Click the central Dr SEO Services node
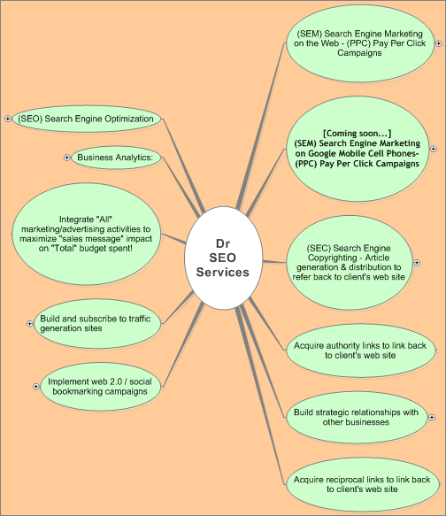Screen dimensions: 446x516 point(223,258)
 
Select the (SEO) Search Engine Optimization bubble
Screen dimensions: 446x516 point(87,119)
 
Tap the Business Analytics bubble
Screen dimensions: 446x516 point(116,158)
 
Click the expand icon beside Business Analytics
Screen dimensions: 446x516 point(66,158)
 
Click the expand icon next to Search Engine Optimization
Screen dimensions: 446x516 point(8,119)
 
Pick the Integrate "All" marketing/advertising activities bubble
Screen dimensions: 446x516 point(86,234)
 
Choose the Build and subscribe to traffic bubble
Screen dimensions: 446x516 point(97,323)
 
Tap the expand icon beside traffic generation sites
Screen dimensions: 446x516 point(29,324)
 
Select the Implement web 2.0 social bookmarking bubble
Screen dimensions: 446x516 point(101,387)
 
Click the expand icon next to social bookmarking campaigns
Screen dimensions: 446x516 point(36,387)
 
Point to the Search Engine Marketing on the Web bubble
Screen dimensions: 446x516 point(360,43)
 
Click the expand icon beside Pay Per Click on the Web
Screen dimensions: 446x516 point(439,43)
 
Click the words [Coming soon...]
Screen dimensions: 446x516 point(358,134)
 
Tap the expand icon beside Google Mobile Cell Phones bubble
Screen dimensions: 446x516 point(434,149)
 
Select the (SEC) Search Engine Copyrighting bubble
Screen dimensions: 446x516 point(350,263)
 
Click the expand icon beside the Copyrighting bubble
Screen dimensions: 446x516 point(417,263)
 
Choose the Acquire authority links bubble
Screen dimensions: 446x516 point(360,350)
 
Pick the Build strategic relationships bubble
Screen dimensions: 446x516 point(357,417)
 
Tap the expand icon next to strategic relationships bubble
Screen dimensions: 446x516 point(432,417)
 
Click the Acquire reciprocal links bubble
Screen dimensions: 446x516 point(363,484)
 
